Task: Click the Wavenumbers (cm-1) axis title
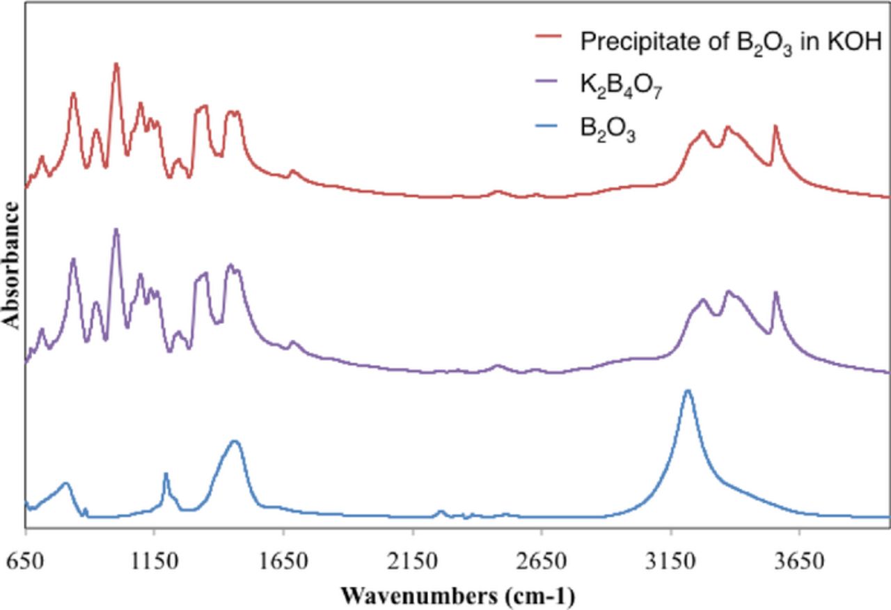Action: tap(457, 596)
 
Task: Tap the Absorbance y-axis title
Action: tap(11, 265)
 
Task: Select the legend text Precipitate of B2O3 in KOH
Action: tap(731, 42)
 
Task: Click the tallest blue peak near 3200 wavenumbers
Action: tap(688, 391)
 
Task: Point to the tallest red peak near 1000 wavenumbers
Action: tap(116, 64)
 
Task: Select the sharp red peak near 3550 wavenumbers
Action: tap(775, 127)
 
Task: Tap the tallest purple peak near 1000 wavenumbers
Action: tap(116, 230)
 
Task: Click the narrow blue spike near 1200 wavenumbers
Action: tap(166, 474)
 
